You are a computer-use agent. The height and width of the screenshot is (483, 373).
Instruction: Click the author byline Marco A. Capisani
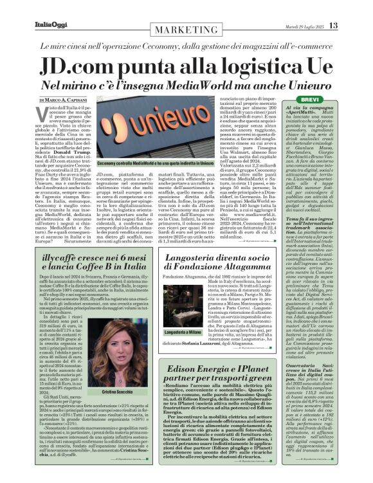(x=63, y=100)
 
